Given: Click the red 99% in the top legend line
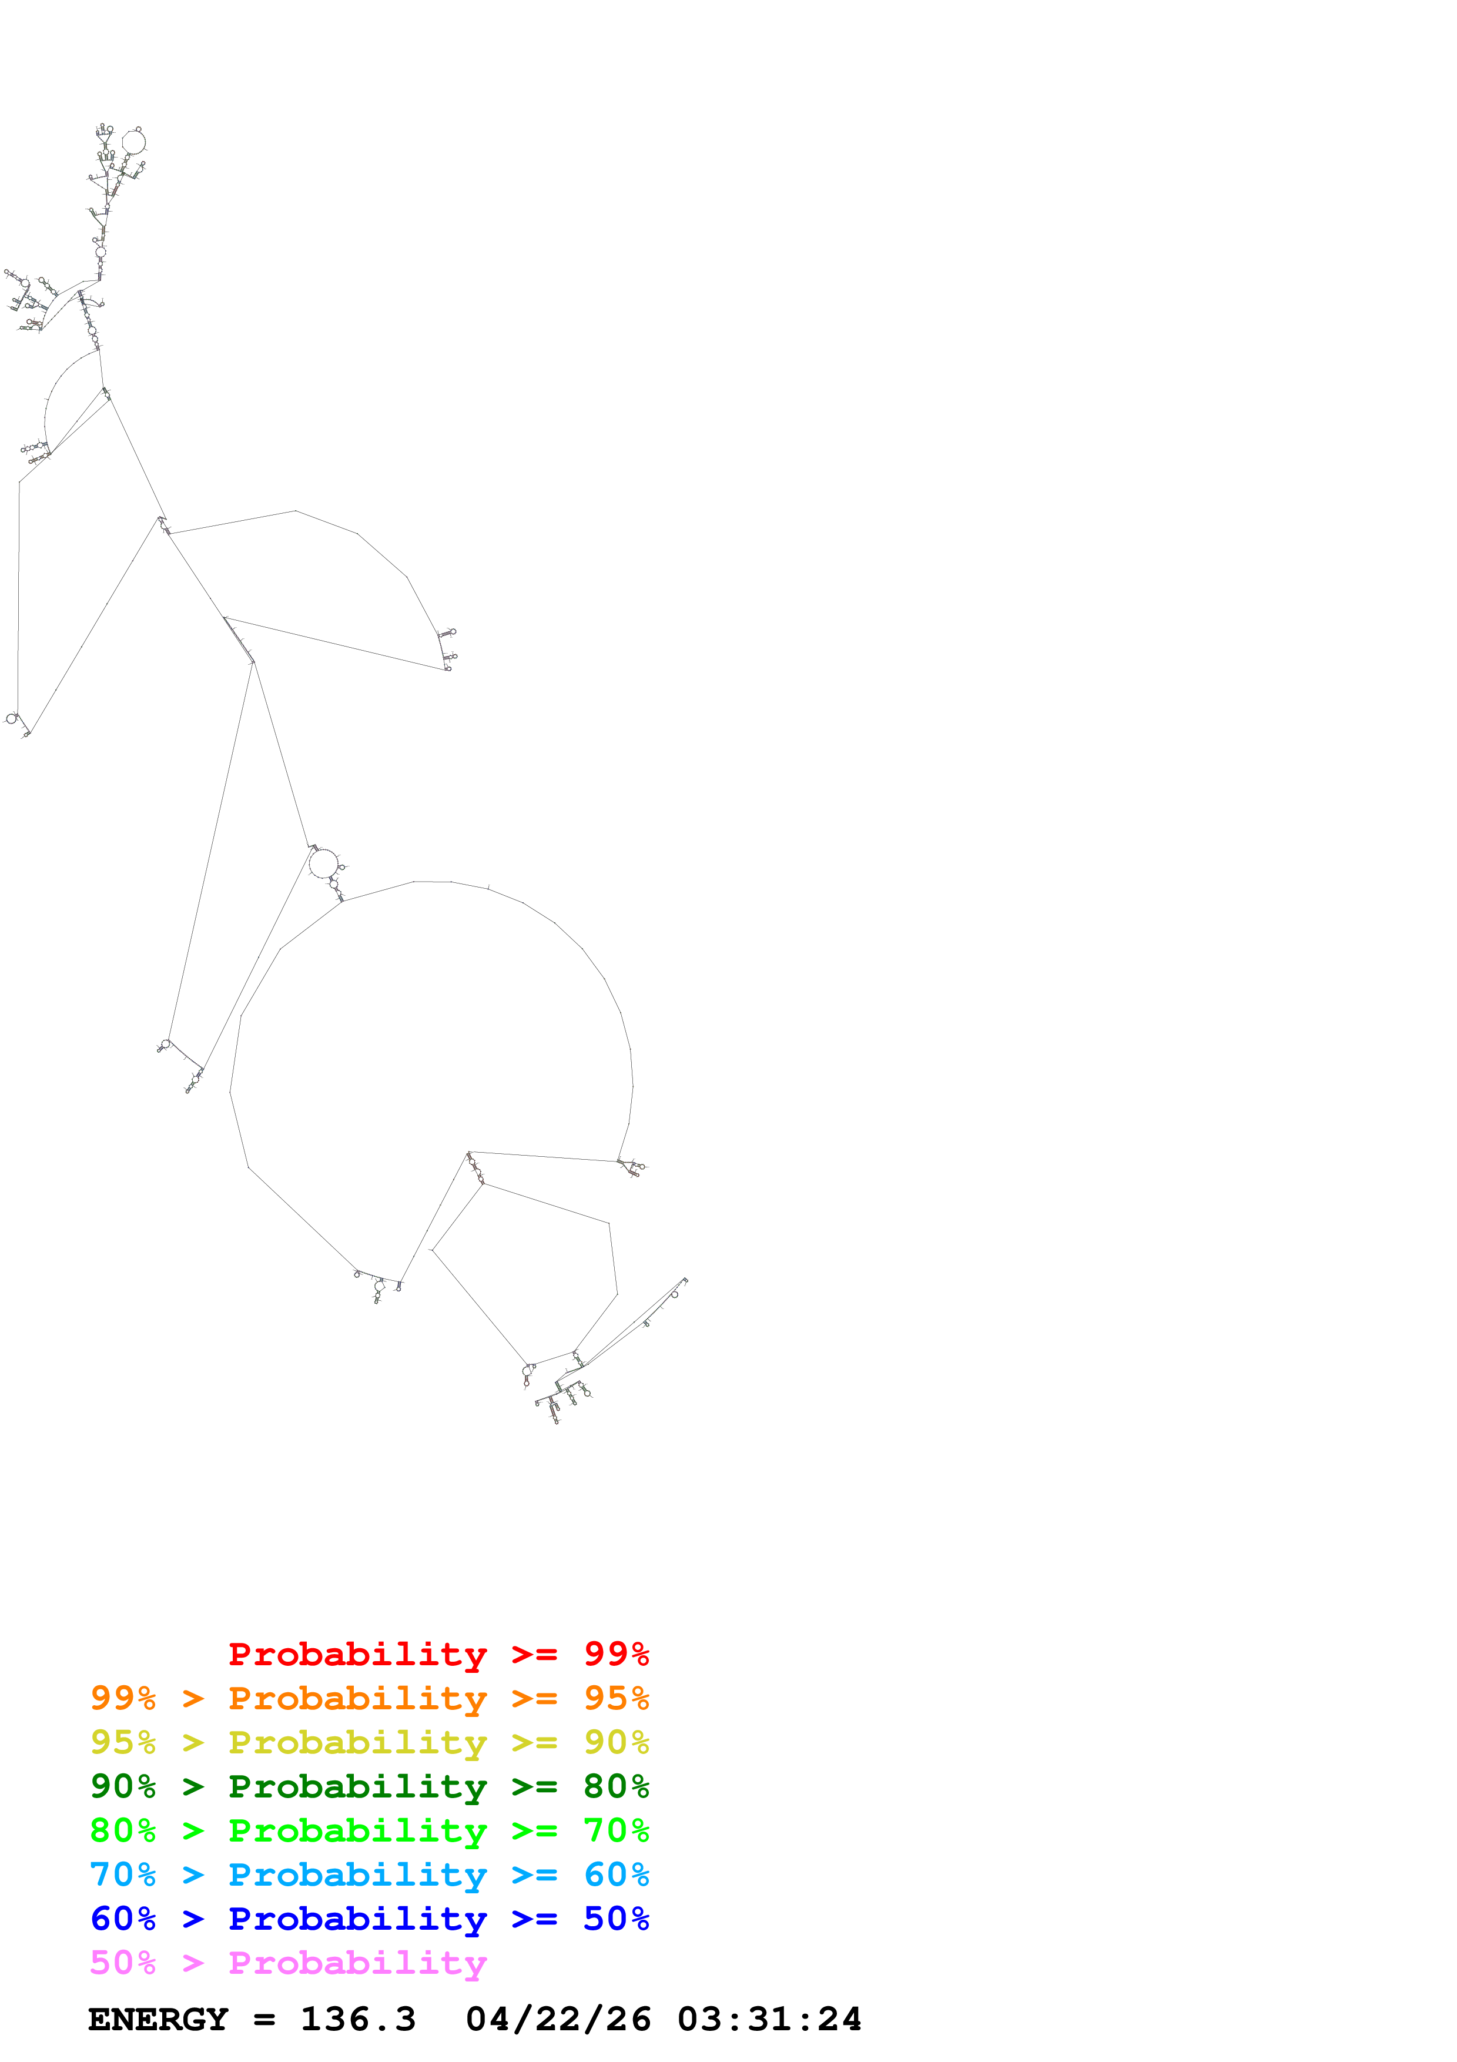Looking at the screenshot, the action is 616,1654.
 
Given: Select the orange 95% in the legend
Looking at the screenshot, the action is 616,1698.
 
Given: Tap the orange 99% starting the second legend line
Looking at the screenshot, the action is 123,1698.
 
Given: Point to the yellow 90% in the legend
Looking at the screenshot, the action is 616,1742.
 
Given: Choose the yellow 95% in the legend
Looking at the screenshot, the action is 123,1742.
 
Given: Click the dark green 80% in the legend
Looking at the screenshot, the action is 616,1786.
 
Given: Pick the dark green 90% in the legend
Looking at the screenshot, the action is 123,1786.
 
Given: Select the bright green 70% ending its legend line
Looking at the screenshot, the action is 616,1830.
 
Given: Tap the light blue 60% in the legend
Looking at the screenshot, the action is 616,1874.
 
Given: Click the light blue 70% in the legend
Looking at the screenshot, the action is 123,1874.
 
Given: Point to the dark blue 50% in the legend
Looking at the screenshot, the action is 616,1919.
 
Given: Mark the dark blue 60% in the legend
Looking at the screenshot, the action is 123,1919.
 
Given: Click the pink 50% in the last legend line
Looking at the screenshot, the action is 123,1962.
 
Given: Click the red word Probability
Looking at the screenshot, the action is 357,1654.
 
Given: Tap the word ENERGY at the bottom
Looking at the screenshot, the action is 158,2020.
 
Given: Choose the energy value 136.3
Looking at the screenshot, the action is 357,2020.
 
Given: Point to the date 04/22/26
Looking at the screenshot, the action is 558,2020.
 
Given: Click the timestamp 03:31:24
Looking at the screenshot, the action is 769,2020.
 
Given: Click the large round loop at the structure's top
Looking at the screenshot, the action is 133,142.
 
